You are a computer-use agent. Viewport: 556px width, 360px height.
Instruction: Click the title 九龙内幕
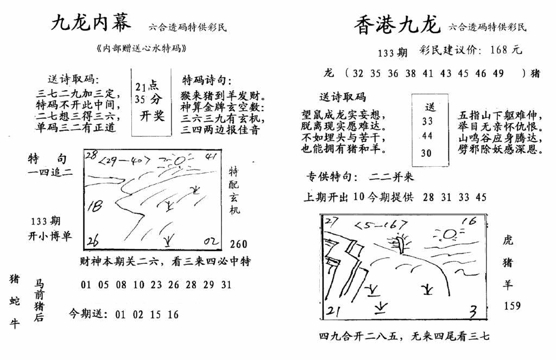coord(91,22)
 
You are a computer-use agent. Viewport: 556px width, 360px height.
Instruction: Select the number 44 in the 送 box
coord(427,136)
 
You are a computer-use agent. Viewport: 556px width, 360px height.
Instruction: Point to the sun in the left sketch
coord(180,160)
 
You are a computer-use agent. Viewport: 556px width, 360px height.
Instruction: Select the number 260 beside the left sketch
coord(239,244)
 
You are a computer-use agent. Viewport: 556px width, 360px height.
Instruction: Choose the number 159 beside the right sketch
coord(511,306)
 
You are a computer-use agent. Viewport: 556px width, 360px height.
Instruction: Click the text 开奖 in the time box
coord(151,116)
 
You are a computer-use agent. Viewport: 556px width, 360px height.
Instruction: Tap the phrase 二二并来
coord(391,176)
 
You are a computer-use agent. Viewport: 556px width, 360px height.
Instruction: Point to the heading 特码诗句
coord(207,80)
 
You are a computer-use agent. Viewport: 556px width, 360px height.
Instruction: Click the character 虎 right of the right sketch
coord(508,241)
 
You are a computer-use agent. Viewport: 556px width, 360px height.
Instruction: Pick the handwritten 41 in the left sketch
coord(212,157)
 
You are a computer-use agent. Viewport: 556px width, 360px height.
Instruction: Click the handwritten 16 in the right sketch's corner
coord(471,220)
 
